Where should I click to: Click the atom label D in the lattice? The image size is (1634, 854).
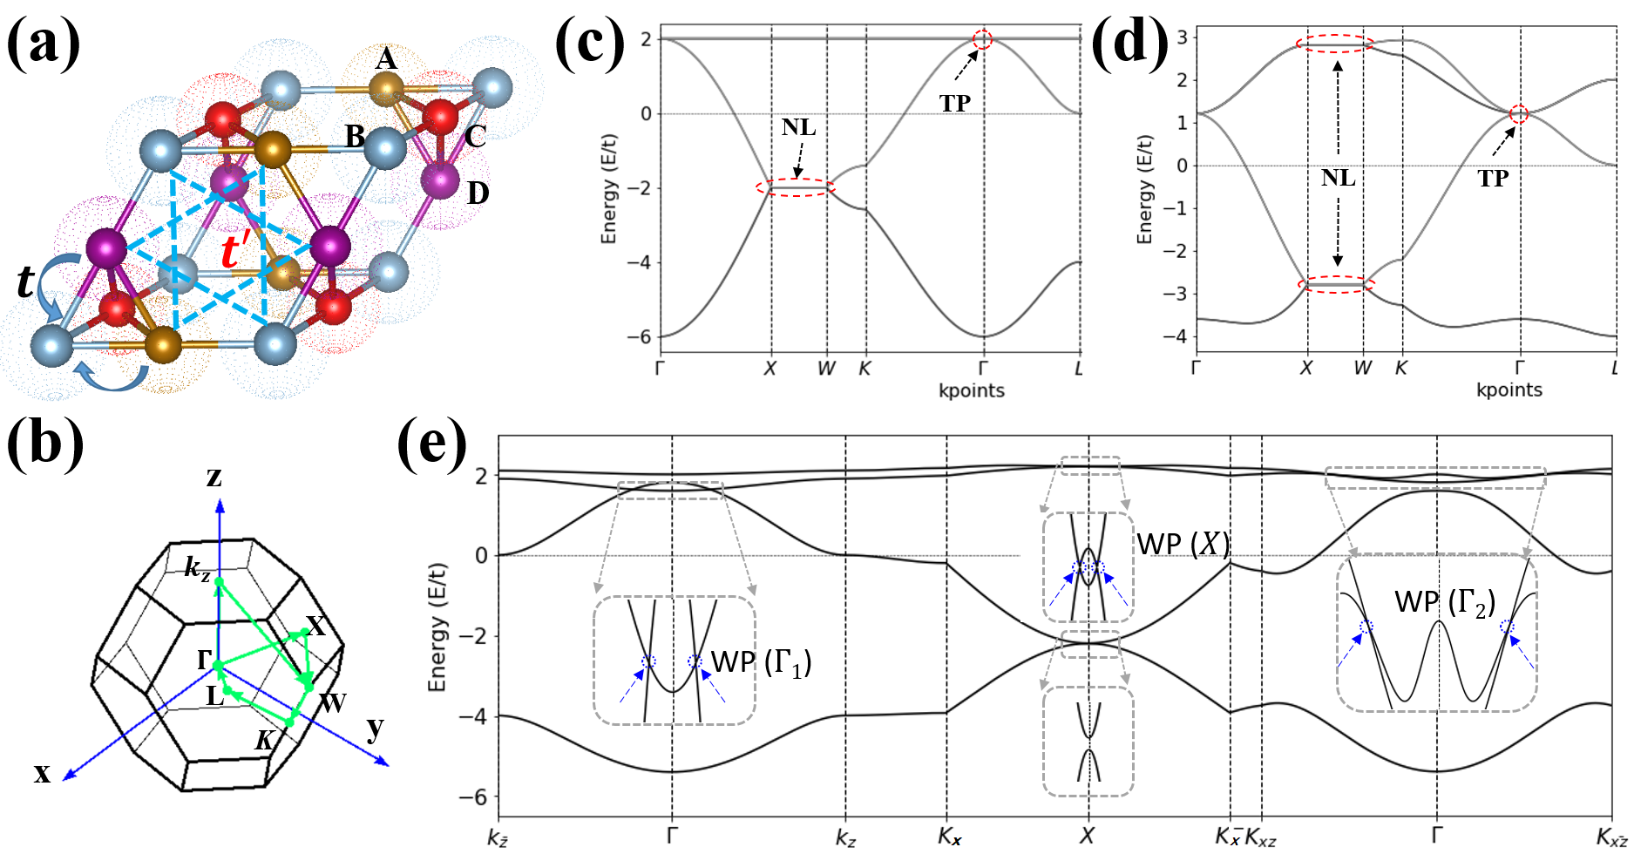[x=478, y=193]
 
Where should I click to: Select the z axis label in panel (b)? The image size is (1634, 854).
[x=214, y=477]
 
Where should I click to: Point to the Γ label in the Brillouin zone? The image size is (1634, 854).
[x=205, y=661]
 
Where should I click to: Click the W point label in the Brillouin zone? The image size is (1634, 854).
[x=333, y=702]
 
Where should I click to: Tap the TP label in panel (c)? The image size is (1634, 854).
[x=955, y=104]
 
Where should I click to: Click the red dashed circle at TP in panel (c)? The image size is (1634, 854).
[x=982, y=39]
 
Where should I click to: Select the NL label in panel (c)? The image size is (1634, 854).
[x=798, y=127]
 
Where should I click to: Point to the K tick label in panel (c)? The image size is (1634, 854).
[x=864, y=369]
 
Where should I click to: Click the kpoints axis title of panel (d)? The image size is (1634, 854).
[x=1509, y=390]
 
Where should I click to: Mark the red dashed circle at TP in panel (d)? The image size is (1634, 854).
[x=1519, y=113]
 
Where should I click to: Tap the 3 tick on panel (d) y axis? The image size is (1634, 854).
[x=1182, y=37]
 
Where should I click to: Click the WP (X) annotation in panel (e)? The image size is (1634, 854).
[x=1183, y=545]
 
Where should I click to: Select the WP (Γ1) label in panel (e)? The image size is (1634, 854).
[x=761, y=663]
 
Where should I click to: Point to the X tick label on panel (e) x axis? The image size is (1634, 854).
[x=1087, y=837]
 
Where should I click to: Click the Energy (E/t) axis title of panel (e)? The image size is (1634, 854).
[x=437, y=627]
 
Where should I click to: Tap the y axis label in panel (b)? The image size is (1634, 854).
[x=375, y=729]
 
